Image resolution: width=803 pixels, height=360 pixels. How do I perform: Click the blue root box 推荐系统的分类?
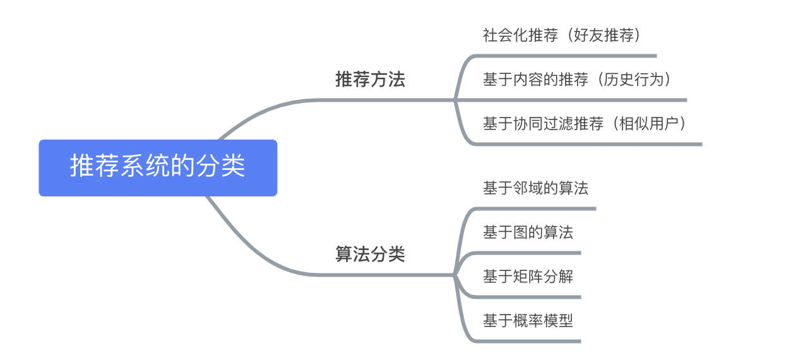[158, 168]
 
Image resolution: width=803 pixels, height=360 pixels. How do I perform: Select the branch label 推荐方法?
[370, 79]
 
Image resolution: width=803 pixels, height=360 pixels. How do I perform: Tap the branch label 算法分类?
[370, 254]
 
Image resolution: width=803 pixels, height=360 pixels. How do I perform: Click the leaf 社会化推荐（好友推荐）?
[562, 35]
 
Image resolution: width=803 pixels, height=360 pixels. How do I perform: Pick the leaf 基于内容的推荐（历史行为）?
[577, 79]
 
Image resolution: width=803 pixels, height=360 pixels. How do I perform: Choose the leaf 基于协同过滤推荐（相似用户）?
[585, 123]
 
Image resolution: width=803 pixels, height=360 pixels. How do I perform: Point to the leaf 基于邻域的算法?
[535, 188]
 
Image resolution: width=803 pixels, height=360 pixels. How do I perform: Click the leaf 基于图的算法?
[528, 232]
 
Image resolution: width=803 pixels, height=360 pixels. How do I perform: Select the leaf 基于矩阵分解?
[528, 276]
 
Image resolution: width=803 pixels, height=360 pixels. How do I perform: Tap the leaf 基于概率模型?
[528, 320]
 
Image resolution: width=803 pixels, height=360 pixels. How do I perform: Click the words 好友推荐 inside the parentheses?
[604, 35]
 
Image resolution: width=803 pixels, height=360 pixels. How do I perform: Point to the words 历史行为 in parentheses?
[634, 79]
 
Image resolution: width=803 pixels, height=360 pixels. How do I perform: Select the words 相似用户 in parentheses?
[649, 123]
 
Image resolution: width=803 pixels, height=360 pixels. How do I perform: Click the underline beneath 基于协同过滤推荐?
[588, 144]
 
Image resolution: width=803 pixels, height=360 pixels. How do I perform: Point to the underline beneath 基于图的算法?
[527, 253]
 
